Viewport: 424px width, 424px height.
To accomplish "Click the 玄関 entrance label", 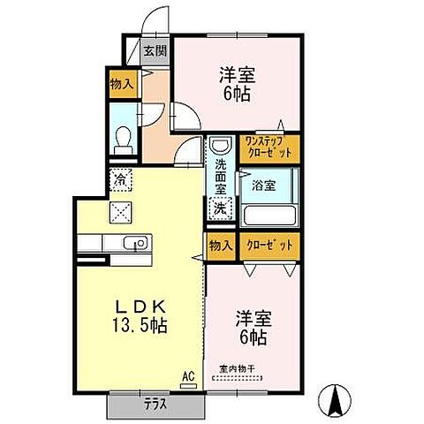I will (155, 50).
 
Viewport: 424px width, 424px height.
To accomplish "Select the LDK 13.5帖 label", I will (139, 314).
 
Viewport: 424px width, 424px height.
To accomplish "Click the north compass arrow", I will (337, 402).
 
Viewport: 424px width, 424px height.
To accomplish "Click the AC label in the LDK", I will (186, 375).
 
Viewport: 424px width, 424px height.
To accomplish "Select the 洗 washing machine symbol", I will (218, 209).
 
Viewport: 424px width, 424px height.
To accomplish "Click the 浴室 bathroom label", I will (262, 185).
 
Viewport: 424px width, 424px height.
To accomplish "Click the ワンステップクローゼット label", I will (272, 147).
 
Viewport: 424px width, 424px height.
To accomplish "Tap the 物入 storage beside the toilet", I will (121, 84).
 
